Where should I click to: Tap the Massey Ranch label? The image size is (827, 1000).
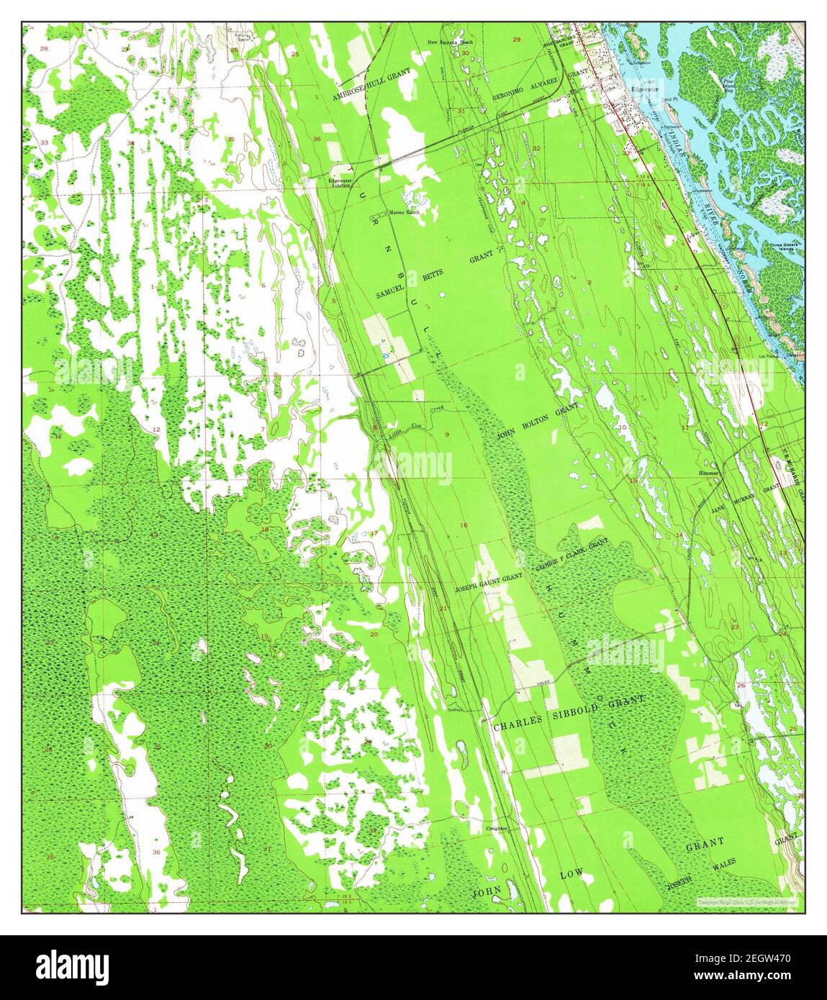coord(404,213)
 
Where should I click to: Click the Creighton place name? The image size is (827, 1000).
coord(497,828)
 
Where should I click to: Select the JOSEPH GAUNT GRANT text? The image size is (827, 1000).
coord(488,588)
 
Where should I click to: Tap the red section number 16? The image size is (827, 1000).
coord(464,526)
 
